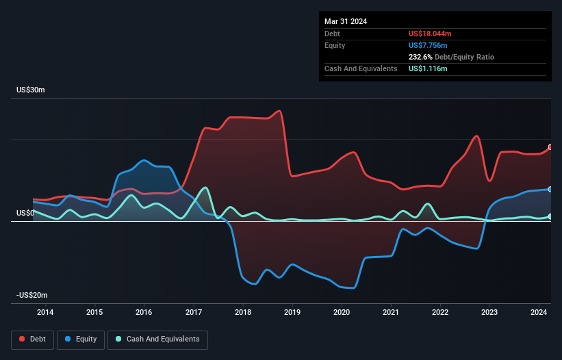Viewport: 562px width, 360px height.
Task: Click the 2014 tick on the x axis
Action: pyautogui.click(x=45, y=313)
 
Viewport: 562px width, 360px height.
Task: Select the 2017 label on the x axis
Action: pyautogui.click(x=194, y=313)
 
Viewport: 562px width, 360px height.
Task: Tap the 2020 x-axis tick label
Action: pyautogui.click(x=342, y=313)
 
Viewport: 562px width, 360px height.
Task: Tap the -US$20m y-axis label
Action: pyautogui.click(x=31, y=295)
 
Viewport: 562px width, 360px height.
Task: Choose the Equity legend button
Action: pyautogui.click(x=81, y=339)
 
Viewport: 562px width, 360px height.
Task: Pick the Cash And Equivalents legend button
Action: pyautogui.click(x=157, y=339)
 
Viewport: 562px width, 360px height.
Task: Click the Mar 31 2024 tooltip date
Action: pyautogui.click(x=346, y=21)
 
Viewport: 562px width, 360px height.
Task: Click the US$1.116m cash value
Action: pyautogui.click(x=428, y=69)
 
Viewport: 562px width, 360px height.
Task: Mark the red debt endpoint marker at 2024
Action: pyautogui.click(x=550, y=147)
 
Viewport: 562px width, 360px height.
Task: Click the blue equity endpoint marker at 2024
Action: pyautogui.click(x=550, y=190)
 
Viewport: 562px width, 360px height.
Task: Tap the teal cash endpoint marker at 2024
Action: pyautogui.click(x=550, y=216)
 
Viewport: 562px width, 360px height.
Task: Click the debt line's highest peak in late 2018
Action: pyautogui.click(x=279, y=111)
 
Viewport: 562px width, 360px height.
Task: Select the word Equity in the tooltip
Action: pyautogui.click(x=335, y=45)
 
